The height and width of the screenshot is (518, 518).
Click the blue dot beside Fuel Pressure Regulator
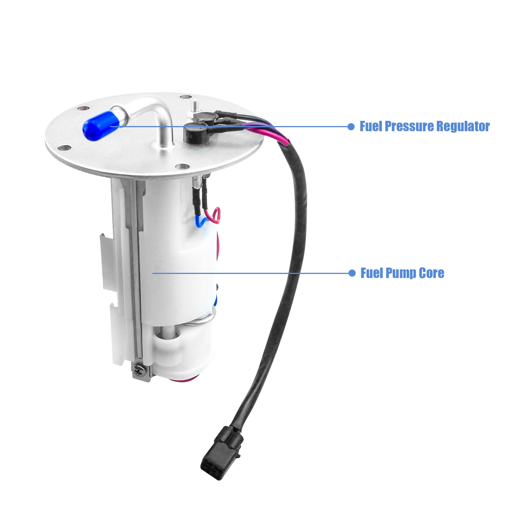tap(351, 127)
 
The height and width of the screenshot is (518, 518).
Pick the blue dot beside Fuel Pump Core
tap(352, 273)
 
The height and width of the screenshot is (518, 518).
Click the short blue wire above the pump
tap(201, 222)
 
